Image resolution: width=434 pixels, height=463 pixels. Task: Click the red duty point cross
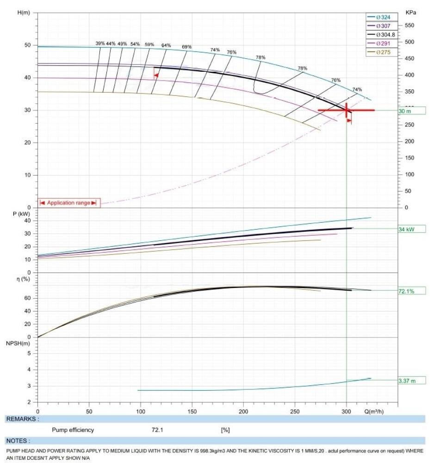347,110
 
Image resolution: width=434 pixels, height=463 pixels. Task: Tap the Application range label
68,203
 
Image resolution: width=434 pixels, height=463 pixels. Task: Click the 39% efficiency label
100,44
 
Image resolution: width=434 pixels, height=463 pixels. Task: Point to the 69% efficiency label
186,47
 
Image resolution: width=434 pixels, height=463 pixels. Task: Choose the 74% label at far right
357,89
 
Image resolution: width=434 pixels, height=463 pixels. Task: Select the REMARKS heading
22,419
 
